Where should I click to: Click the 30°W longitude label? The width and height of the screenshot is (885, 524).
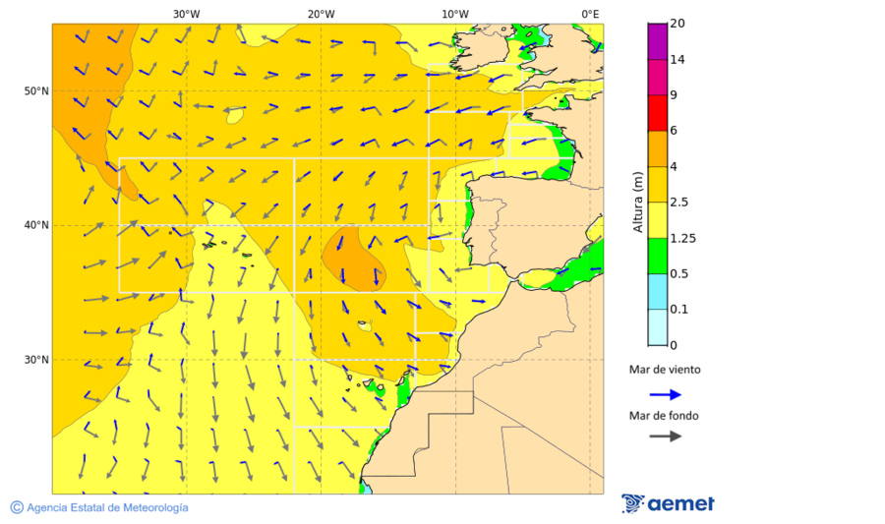coord(186,14)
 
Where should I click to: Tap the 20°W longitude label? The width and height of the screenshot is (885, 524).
coord(321,14)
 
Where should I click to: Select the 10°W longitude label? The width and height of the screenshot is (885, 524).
coord(454,14)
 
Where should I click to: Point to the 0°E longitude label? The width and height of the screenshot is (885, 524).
coord(590,14)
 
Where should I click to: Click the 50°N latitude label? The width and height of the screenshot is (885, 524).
coord(36,91)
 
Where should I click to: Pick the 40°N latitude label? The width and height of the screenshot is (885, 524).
coord(36,225)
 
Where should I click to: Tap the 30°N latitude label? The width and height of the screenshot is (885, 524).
coord(36,360)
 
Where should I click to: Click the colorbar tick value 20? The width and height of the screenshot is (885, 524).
coord(677,24)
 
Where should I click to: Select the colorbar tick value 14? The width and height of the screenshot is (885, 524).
coord(677,60)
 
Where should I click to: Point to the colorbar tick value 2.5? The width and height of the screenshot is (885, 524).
coord(678,203)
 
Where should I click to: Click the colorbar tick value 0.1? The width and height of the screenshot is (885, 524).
coord(678,310)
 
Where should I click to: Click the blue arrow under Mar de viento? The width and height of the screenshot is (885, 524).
coord(665,394)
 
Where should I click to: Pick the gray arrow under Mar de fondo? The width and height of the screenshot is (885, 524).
coord(665,436)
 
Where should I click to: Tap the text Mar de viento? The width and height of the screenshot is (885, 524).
coord(665,370)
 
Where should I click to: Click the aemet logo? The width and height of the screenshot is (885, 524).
coord(668,503)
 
